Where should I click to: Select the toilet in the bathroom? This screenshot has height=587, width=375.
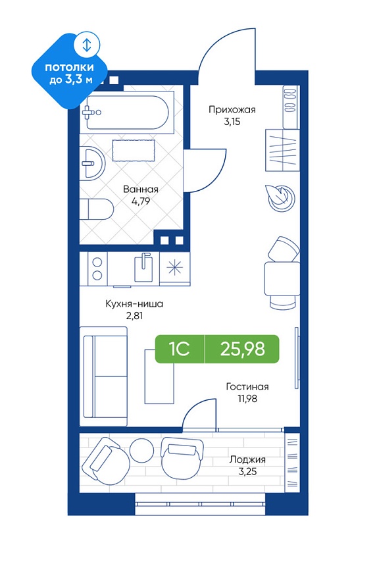point(97,209)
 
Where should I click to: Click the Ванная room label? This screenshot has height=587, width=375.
point(141,190)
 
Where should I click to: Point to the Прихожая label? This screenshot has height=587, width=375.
point(232,110)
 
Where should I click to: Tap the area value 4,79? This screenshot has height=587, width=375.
point(141,202)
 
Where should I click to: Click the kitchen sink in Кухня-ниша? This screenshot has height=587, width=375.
point(143,267)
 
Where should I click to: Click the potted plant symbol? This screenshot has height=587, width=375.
point(280,197)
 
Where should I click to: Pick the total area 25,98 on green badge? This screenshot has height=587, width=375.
point(243,349)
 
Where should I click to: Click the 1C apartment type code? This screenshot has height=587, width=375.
point(180,349)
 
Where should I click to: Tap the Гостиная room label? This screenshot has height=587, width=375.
point(247,387)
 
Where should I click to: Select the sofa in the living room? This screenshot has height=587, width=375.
point(104,376)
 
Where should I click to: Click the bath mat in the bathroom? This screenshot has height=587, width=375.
point(134,150)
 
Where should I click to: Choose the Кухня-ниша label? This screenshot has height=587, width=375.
point(134,304)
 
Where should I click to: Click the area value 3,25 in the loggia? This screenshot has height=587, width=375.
point(247,472)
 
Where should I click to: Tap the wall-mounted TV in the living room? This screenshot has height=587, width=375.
point(297,357)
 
